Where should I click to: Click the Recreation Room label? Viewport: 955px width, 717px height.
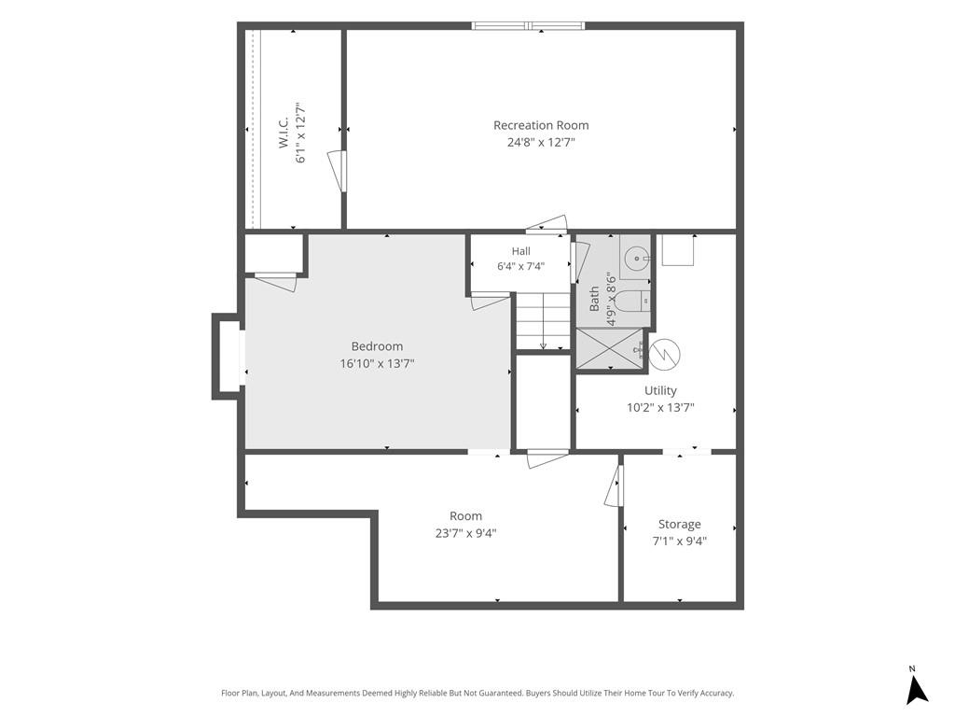[x=541, y=125]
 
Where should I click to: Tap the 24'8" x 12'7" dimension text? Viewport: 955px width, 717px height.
[x=541, y=143]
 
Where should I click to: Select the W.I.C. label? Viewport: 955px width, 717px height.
[x=284, y=133]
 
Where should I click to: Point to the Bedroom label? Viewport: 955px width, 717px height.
[x=377, y=346]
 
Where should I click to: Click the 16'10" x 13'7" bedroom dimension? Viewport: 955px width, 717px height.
[x=377, y=364]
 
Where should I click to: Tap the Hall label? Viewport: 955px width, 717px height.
[x=520, y=251]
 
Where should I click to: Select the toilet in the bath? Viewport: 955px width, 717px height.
[x=633, y=300]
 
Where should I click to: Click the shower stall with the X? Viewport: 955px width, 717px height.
[x=610, y=349]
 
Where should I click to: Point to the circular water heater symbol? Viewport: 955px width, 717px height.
[x=664, y=354]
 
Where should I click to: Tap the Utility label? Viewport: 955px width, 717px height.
[x=661, y=391]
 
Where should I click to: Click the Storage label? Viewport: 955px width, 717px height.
[x=680, y=525]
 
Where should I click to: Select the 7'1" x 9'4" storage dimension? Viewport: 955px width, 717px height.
[x=680, y=541]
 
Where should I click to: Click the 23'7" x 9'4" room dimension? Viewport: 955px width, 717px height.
[x=466, y=533]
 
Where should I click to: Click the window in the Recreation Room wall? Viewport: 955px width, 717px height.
[x=528, y=25]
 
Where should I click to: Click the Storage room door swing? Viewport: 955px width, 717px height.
[x=614, y=485]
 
